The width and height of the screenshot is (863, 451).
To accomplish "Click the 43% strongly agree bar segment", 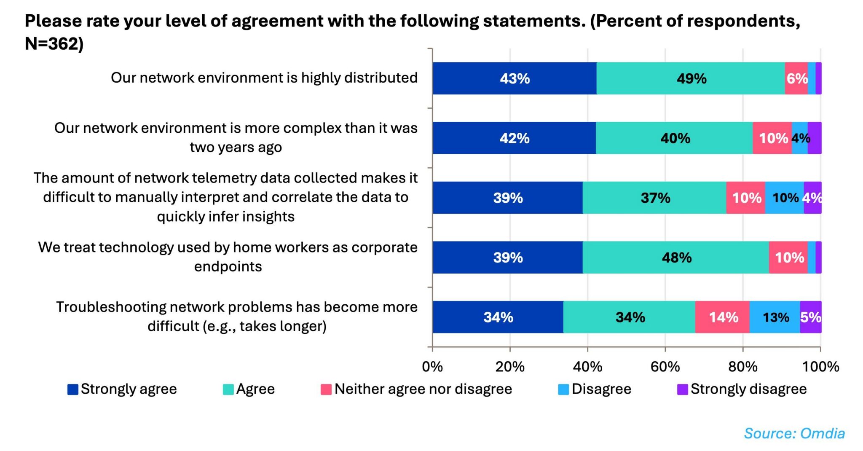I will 514,78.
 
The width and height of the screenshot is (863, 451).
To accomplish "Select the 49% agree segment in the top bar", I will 691,78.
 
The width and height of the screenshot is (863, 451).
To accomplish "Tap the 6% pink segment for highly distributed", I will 796,78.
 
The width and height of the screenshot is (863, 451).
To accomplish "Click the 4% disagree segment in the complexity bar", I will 800,138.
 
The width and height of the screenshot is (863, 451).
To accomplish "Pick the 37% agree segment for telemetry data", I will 654,198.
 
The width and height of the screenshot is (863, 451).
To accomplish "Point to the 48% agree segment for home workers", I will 676,258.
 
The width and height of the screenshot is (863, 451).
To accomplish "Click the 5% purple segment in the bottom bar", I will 811,317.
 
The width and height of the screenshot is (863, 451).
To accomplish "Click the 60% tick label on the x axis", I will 665,367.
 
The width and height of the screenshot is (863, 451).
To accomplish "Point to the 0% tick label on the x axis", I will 432,367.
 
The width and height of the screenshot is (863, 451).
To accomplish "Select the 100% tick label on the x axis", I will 820,367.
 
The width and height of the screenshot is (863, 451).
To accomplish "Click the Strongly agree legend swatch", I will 73,389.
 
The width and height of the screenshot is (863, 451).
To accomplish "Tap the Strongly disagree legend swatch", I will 682,389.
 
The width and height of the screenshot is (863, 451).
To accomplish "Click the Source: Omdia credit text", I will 794,433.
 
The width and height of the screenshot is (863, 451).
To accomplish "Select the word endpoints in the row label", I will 228,267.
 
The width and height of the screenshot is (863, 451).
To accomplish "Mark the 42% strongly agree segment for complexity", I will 514,138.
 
